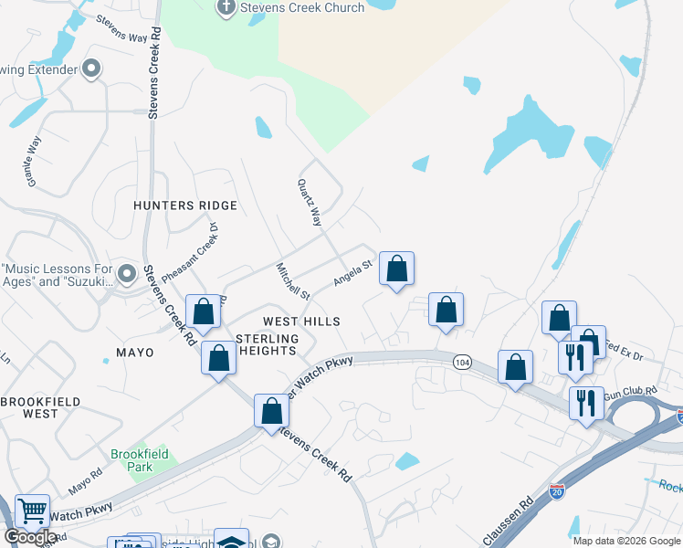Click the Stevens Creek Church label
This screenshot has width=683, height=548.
(302, 7)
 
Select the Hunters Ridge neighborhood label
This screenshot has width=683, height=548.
(185, 205)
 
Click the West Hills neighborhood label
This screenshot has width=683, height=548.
(301, 321)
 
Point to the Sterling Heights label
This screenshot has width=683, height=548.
(268, 344)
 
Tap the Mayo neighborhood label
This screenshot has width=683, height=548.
(135, 352)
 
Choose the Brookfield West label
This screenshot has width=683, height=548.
(40, 407)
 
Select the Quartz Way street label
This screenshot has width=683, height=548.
(310, 202)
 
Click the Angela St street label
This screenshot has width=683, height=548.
(353, 272)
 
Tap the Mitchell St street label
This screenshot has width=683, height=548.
(294, 282)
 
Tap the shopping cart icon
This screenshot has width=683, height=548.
(32, 511)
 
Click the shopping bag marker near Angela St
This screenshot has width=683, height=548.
(396, 269)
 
